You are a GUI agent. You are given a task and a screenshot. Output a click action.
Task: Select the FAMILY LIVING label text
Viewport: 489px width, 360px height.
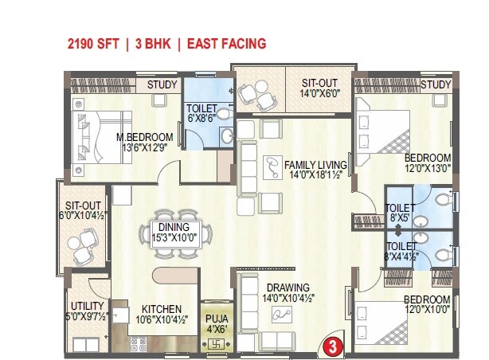[x=316, y=165]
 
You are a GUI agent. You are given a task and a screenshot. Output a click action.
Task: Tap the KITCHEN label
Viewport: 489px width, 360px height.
[x=161, y=309]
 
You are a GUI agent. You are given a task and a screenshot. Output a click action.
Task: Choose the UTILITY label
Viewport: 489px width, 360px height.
[x=85, y=306]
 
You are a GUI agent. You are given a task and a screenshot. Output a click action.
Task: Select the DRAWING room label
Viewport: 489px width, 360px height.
[x=288, y=288]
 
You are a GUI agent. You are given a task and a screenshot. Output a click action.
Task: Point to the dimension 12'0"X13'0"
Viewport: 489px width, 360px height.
[x=427, y=169]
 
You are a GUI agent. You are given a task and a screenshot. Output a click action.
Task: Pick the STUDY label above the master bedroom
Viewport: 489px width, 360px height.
[x=162, y=84]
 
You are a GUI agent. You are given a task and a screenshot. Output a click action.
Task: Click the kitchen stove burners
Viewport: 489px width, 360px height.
[x=138, y=346]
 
